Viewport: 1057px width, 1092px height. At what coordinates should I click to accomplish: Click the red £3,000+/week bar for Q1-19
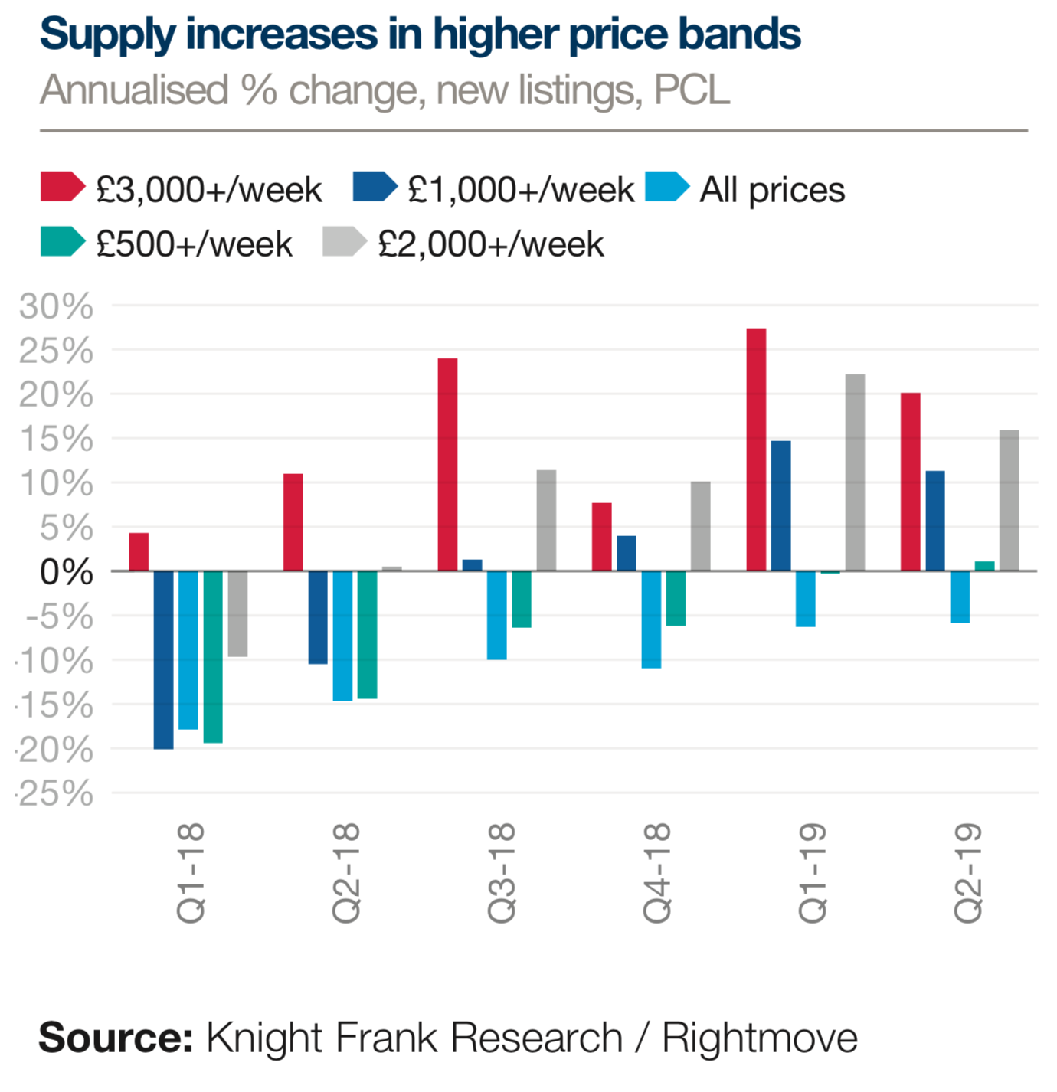tap(756, 450)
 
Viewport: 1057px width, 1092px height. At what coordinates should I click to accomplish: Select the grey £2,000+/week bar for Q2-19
tap(1009, 501)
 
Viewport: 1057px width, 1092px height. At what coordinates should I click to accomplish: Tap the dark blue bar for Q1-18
tap(163, 659)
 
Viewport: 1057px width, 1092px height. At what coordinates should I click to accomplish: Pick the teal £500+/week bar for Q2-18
tap(367, 634)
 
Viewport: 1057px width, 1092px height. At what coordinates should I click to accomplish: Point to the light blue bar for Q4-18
tap(651, 619)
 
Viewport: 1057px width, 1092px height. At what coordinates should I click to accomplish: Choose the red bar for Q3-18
tap(447, 465)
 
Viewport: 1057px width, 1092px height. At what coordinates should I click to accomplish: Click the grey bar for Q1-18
tap(237, 613)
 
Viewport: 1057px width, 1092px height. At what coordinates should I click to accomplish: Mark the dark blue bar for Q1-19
tap(780, 506)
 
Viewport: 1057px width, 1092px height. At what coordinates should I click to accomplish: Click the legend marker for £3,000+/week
tap(61, 188)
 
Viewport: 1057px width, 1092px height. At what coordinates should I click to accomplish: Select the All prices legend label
tap(772, 190)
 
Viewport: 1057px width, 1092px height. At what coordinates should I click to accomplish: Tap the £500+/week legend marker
tap(61, 242)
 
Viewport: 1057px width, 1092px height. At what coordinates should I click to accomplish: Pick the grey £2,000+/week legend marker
tap(344, 242)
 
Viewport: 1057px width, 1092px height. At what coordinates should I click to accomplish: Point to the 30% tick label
tap(56, 306)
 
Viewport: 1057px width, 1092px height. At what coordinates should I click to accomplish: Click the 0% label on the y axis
tap(67, 572)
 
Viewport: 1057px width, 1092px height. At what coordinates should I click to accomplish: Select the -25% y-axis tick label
tap(54, 794)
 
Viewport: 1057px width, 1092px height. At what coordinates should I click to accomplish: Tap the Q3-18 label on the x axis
tap(502, 872)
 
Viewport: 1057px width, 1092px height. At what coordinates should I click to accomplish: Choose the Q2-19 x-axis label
tap(967, 872)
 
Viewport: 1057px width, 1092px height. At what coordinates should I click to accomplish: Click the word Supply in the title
tap(107, 35)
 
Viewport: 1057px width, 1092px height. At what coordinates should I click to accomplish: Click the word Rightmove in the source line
tap(759, 1038)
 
